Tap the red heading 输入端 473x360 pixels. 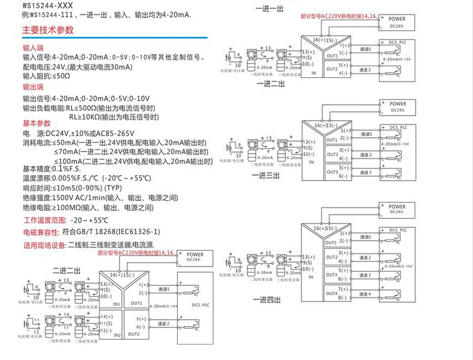[x=33, y=48]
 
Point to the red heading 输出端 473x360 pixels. [x=33, y=88]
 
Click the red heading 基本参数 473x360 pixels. [x=35, y=122]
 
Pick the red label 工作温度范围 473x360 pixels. [x=44, y=220]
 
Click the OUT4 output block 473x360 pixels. [x=332, y=293]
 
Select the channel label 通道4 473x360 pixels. [x=367, y=293]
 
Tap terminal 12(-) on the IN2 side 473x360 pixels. [x=105, y=330]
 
